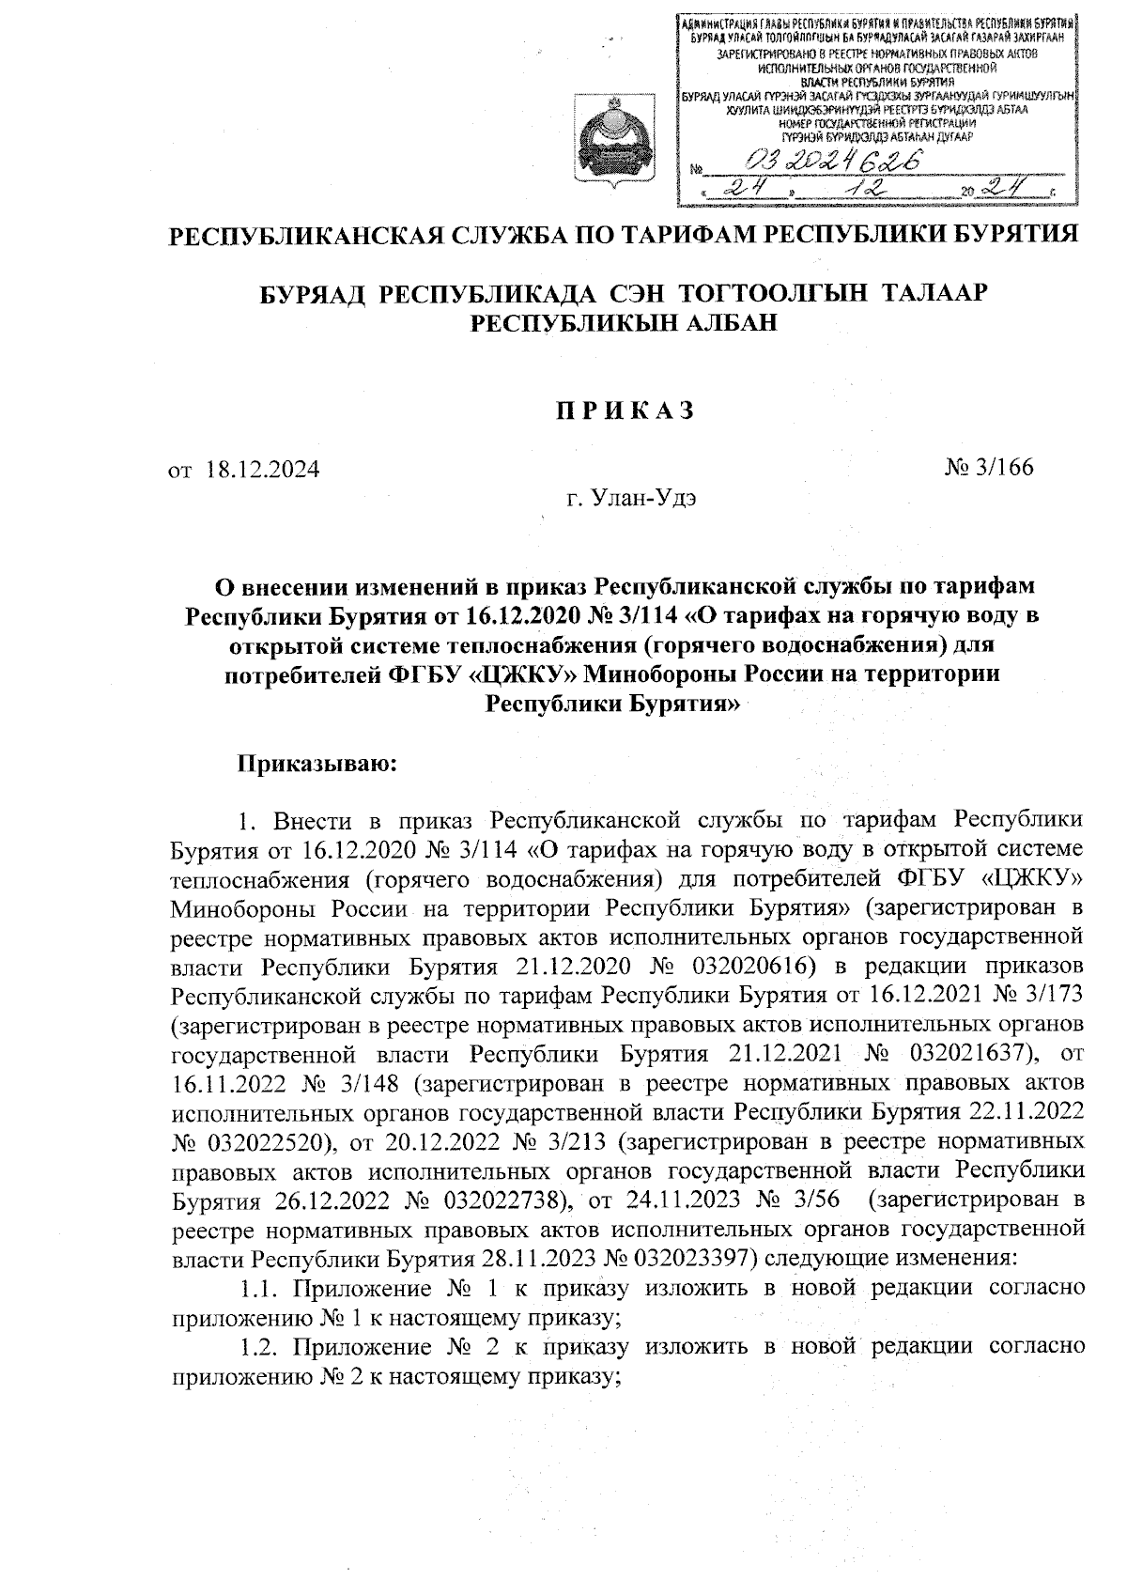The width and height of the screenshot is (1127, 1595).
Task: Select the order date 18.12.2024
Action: coord(262,469)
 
